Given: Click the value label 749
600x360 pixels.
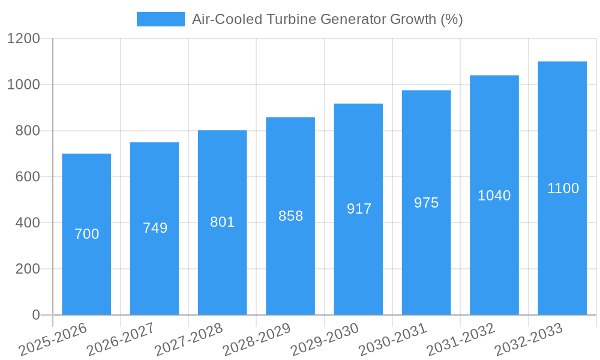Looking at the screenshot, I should (x=155, y=228).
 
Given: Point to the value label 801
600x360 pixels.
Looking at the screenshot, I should (x=222, y=222).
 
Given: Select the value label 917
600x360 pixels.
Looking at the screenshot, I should (x=359, y=209).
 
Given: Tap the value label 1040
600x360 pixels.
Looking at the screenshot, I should (x=494, y=196).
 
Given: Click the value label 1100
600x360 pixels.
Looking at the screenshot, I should (x=563, y=188).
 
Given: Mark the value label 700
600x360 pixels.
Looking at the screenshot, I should (x=86, y=234).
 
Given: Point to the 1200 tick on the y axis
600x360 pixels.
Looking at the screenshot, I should (x=23, y=39).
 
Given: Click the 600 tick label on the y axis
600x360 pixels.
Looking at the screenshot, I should (x=27, y=177).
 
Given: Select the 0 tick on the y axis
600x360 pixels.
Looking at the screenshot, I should (x=35, y=315).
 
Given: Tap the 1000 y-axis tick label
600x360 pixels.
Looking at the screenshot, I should (x=23, y=85).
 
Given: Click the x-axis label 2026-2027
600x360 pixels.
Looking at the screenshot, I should (x=121, y=339).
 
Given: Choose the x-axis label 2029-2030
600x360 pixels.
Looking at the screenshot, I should (x=325, y=339).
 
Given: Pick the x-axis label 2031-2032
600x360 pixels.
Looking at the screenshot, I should (x=460, y=339).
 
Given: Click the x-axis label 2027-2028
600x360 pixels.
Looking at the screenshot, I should (x=188, y=339).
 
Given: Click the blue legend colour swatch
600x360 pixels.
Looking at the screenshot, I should (x=161, y=19).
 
